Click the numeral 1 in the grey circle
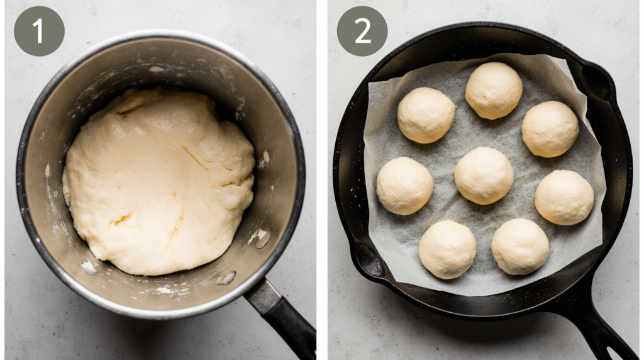tap(38, 31)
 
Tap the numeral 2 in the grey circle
tap(362, 31)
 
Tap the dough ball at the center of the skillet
tap(484, 176)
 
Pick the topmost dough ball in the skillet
tap(494, 91)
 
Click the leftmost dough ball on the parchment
tap(404, 186)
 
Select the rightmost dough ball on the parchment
tap(564, 197)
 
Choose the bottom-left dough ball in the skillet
tap(447, 249)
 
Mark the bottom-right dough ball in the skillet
tap(520, 247)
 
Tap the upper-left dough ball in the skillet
tap(426, 115)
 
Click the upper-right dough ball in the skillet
tap(550, 129)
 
